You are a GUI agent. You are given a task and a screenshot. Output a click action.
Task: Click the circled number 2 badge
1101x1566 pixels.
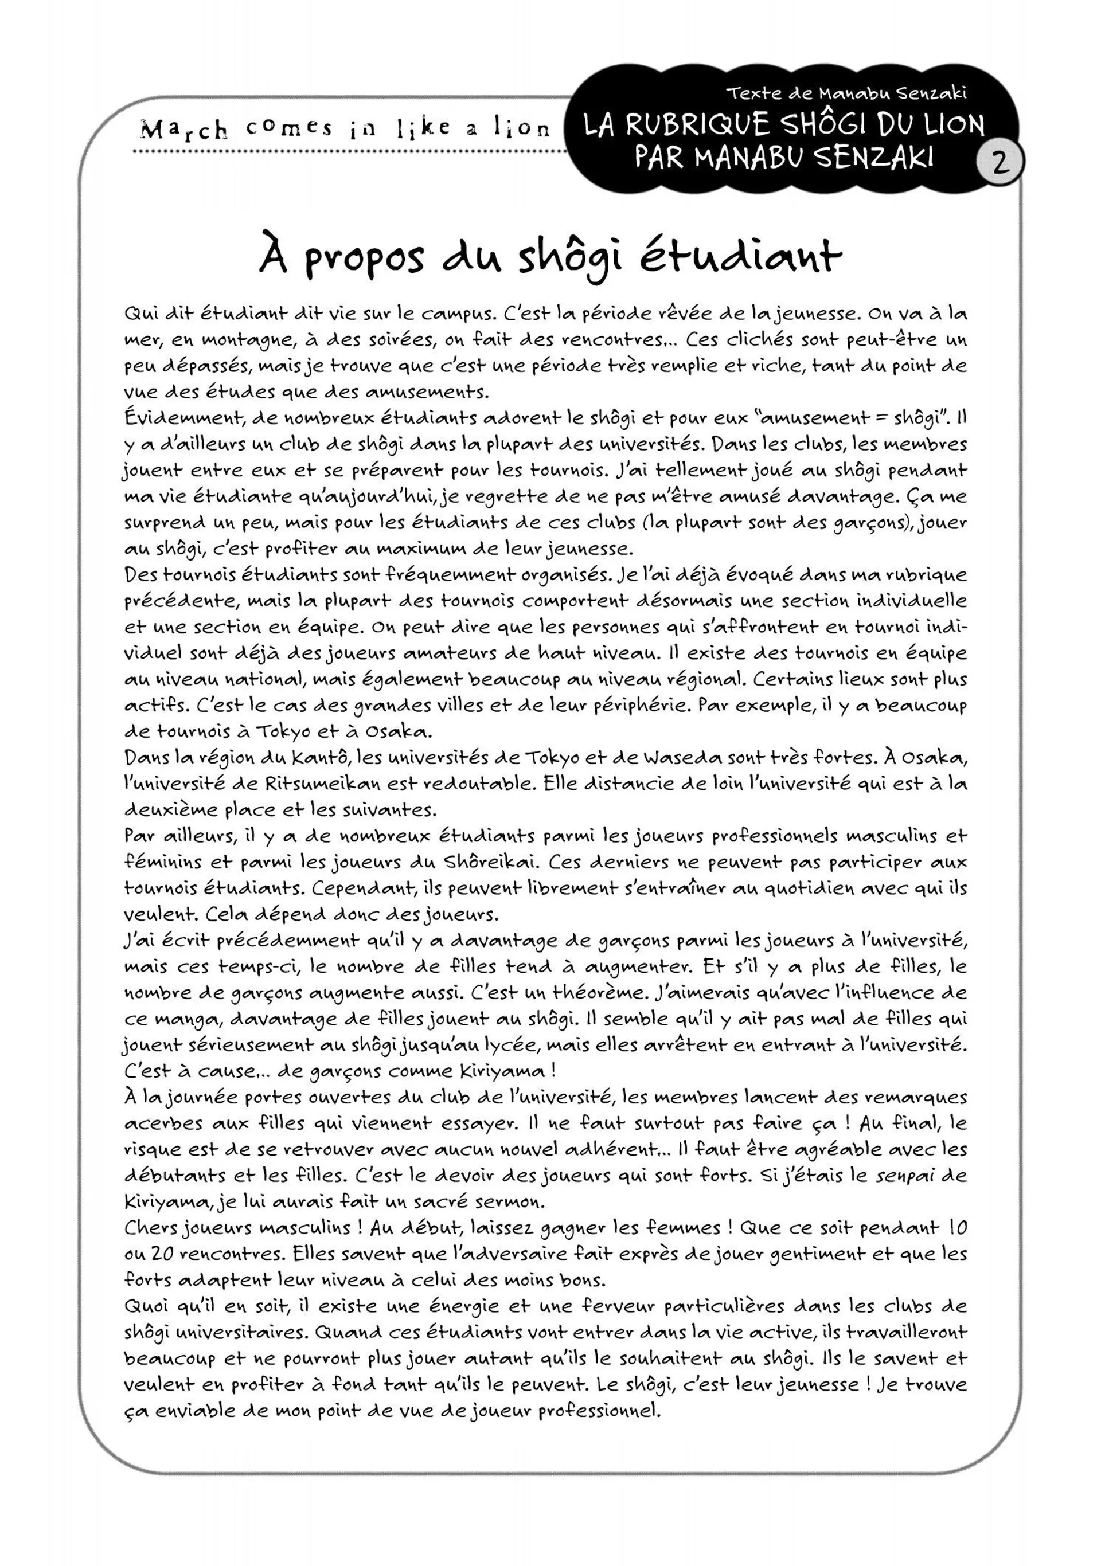[x=1000, y=162]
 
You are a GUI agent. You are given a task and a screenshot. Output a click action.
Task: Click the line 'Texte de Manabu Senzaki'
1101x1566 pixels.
[x=846, y=93]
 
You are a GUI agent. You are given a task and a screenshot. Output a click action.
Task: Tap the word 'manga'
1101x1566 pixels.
[x=184, y=1020]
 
